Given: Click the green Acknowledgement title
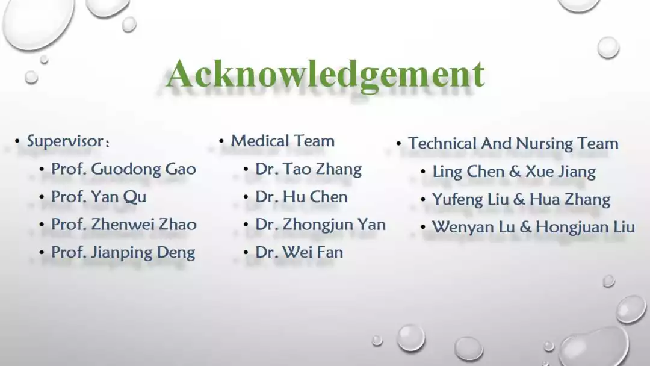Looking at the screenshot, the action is pos(325,75).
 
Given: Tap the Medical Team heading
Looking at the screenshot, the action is pos(283,141).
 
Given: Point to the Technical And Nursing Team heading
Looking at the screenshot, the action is pos(513,143).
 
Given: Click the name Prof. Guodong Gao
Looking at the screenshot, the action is pos(123,169).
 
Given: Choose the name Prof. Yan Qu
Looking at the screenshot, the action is pos(99,197).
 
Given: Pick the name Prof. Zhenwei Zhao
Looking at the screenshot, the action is pos(123,225).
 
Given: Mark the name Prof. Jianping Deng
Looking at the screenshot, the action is pos(123,253).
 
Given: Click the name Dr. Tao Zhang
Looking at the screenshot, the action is pos(308,170).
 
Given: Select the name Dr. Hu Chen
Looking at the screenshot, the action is pos(302,197).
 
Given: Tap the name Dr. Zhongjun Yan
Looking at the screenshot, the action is pos(320,225).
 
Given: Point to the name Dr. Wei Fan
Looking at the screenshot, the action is pos(299,252).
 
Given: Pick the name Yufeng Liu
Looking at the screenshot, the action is pos(470,200).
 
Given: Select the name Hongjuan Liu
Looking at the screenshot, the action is pos(586,228).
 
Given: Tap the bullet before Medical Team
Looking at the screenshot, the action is pos(221,141).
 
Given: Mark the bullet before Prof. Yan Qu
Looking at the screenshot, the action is pos(42,197).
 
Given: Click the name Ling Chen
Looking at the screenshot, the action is pos(468,172).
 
